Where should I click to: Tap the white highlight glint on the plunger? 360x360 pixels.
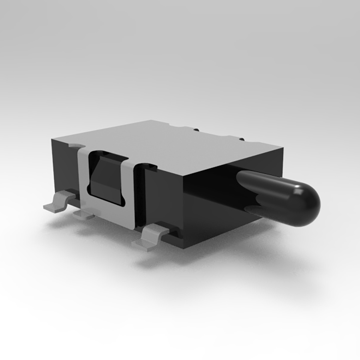pos(298,191)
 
